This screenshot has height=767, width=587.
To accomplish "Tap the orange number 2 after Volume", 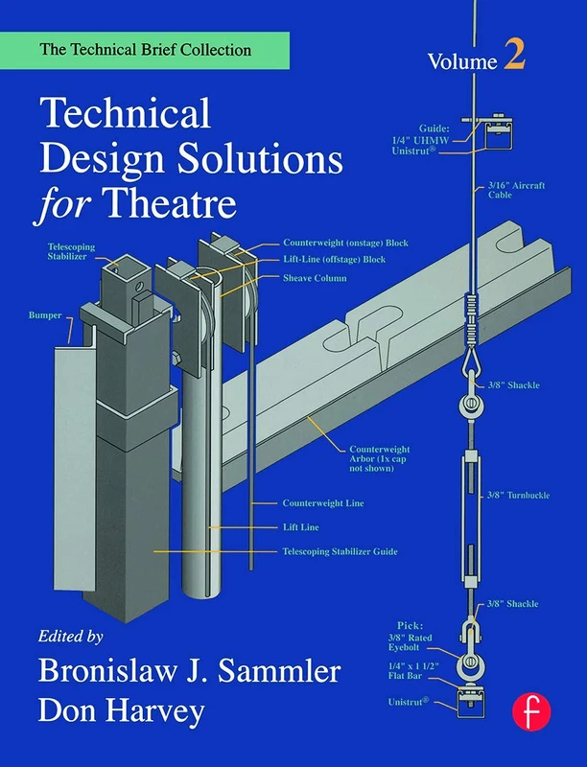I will pos(514,58).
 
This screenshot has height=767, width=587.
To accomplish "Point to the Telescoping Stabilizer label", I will pos(71,251).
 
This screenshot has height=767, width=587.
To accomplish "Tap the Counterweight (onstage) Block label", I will pos(345,243).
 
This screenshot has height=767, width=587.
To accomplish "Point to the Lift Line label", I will pos(300,527).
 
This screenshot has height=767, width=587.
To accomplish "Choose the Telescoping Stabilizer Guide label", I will pos(340,551).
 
